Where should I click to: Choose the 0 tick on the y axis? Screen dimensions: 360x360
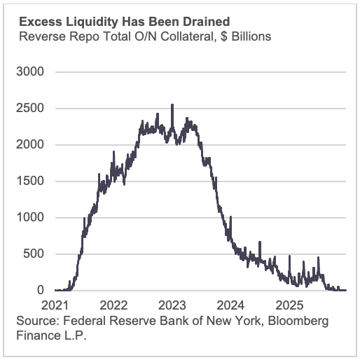(41, 290)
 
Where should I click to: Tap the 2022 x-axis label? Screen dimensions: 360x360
(113, 305)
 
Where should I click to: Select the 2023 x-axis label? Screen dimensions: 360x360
(172, 305)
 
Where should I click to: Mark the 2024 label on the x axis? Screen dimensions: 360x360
(231, 305)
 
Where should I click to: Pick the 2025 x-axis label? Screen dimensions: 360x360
(289, 305)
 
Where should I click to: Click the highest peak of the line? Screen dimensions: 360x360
(172, 106)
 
